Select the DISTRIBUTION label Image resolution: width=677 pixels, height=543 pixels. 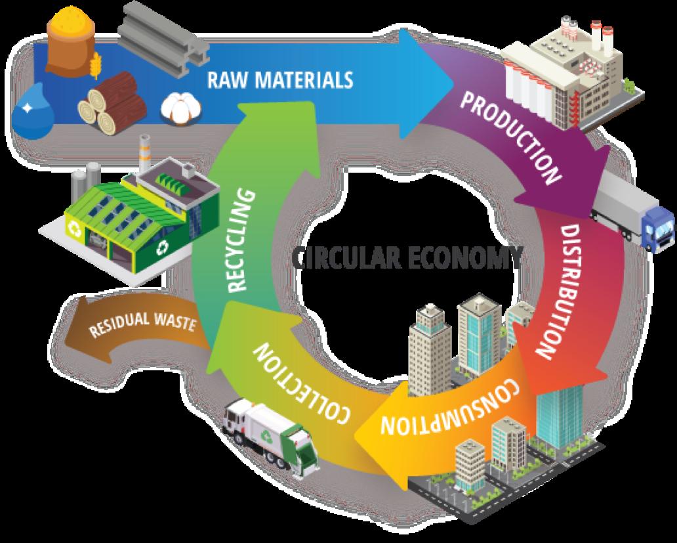pos(562,292)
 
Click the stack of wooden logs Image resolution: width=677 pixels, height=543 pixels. pos(112,103)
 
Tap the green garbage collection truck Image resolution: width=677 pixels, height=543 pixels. pos(269,437)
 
